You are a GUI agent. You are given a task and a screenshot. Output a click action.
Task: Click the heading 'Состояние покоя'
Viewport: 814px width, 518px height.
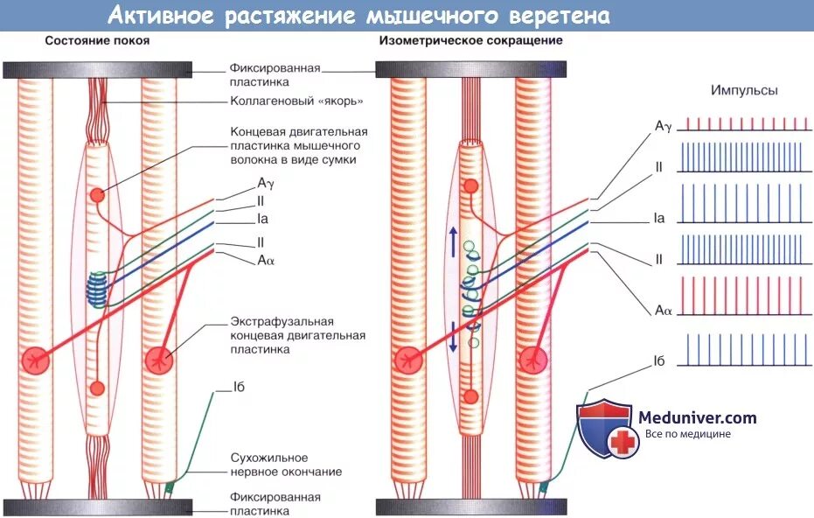[x=97, y=41]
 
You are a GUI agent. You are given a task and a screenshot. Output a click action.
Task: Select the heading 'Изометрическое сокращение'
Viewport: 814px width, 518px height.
[x=470, y=41]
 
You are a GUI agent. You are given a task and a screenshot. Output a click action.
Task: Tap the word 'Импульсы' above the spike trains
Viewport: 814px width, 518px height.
[x=744, y=90]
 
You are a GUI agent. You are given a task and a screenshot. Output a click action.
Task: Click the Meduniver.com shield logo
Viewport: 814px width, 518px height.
[x=603, y=429]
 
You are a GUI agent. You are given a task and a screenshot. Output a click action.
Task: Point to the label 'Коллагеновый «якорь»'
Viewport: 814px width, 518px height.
[x=296, y=101]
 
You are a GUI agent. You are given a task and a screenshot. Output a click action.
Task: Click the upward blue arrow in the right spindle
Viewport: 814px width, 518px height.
[x=452, y=241]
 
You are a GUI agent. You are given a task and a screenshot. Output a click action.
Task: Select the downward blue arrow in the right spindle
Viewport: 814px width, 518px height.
[x=452, y=337]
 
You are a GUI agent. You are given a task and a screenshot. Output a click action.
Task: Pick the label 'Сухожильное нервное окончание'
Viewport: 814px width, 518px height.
[x=286, y=465]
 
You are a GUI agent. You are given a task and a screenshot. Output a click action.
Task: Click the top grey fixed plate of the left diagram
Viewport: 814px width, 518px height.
[x=98, y=69]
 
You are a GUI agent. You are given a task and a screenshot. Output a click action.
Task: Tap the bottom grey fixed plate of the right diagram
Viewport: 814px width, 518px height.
[x=470, y=507]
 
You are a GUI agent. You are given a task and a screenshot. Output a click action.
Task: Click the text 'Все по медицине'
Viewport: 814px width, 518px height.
[x=687, y=434]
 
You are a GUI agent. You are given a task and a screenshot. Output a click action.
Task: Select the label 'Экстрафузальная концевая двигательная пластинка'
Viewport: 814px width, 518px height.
[x=298, y=335]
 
